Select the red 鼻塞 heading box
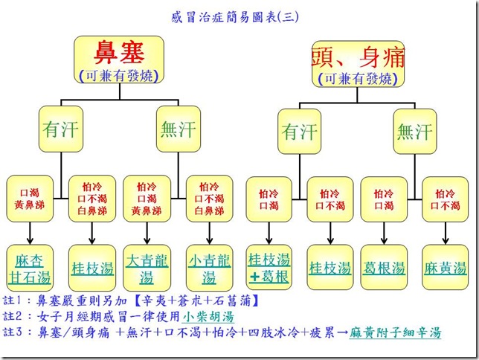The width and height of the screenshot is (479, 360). (x=118, y=59)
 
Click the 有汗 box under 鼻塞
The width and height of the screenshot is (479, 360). (x=60, y=131)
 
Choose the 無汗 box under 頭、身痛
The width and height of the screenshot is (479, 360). (x=414, y=132)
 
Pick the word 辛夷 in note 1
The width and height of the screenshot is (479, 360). (x=167, y=300)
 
